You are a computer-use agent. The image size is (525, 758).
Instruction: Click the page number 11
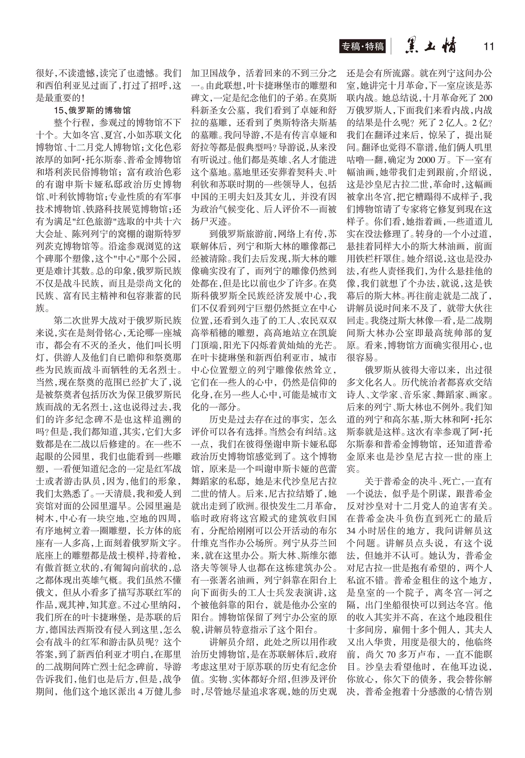(488, 46)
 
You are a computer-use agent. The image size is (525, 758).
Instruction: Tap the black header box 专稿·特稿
(362, 46)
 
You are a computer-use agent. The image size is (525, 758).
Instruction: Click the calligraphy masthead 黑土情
(431, 46)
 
